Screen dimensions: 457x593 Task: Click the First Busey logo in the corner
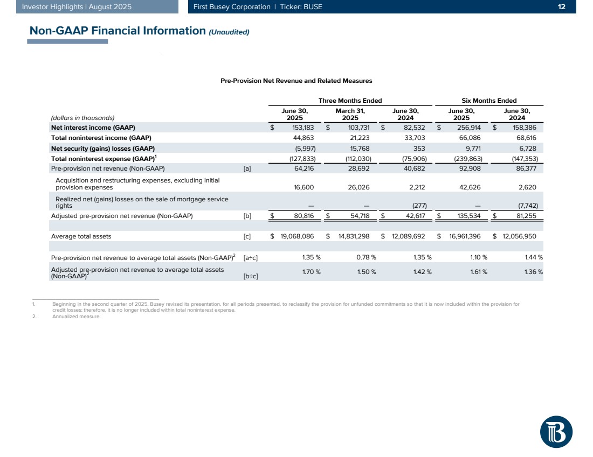(556, 431)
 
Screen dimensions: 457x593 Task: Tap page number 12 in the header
(562, 7)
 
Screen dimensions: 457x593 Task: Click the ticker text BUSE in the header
(312, 7)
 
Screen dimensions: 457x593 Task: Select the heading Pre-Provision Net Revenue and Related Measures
(296, 81)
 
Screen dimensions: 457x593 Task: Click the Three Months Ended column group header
(350, 101)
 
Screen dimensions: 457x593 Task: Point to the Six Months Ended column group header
(489, 101)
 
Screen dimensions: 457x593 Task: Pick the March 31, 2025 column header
(350, 114)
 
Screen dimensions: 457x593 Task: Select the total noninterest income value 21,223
(357, 138)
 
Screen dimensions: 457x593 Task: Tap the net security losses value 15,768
(357, 148)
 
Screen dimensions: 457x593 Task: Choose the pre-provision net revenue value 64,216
(301, 168)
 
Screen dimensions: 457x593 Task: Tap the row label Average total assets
(81, 236)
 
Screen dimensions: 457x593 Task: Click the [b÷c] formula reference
(251, 277)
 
